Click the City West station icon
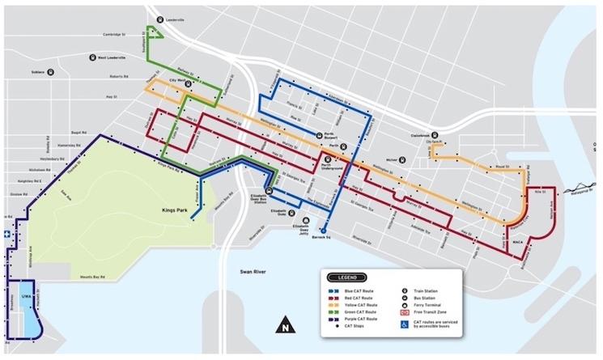188,83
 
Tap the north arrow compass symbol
284,328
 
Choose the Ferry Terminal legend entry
429,304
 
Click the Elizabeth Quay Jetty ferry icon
304,220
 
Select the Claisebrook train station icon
435,135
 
